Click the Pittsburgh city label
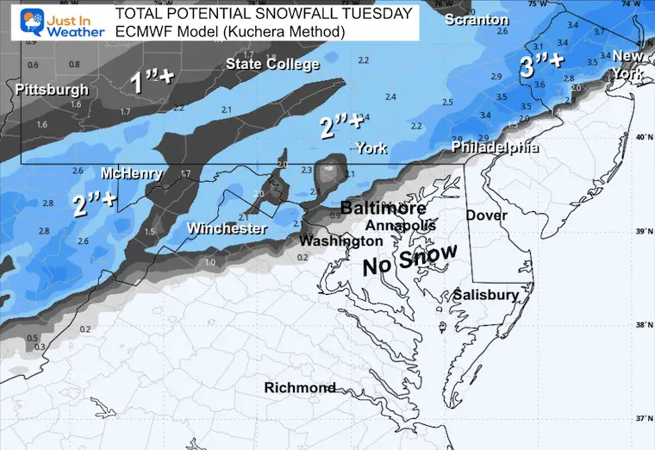[x=52, y=89]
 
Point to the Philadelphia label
[x=496, y=148]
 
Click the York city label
[x=372, y=148]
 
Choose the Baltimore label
[x=383, y=209]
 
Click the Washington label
[x=341, y=241]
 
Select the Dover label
[x=487, y=216]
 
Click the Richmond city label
[x=300, y=388]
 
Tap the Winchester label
[x=228, y=229]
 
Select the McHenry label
[x=132, y=173]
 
